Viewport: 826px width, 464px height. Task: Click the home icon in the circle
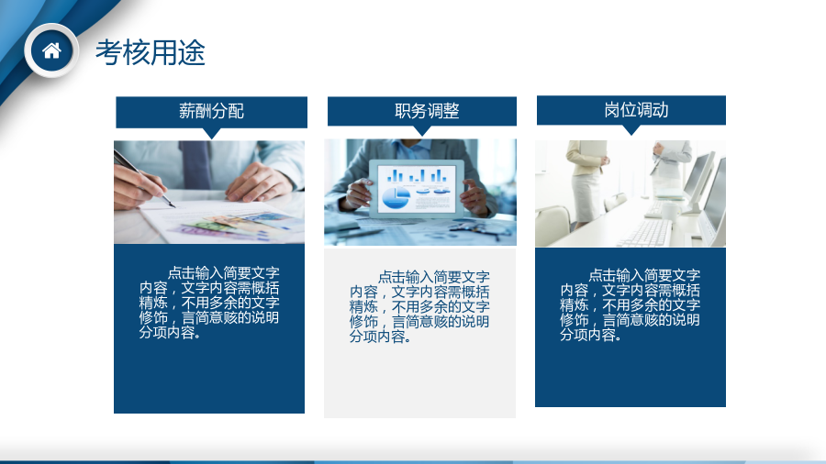[51, 51]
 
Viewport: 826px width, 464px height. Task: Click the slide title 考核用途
[151, 52]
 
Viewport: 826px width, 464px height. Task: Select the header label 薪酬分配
[211, 111]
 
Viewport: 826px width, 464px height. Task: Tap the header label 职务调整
[427, 111]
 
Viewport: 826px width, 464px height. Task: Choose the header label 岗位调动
[636, 110]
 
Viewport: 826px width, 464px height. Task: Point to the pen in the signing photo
[144, 178]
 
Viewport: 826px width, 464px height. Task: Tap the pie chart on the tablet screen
[396, 197]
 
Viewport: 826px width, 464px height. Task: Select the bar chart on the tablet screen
[417, 175]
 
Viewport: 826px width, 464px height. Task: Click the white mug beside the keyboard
[671, 212]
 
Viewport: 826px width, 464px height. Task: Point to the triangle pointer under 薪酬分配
[211, 134]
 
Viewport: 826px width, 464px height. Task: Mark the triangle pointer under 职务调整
[422, 131]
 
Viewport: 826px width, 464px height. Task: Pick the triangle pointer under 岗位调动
[631, 130]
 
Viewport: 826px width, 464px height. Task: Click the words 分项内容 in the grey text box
[377, 337]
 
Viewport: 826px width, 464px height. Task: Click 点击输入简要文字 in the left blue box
[223, 273]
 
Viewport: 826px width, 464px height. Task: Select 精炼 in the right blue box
[574, 305]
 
